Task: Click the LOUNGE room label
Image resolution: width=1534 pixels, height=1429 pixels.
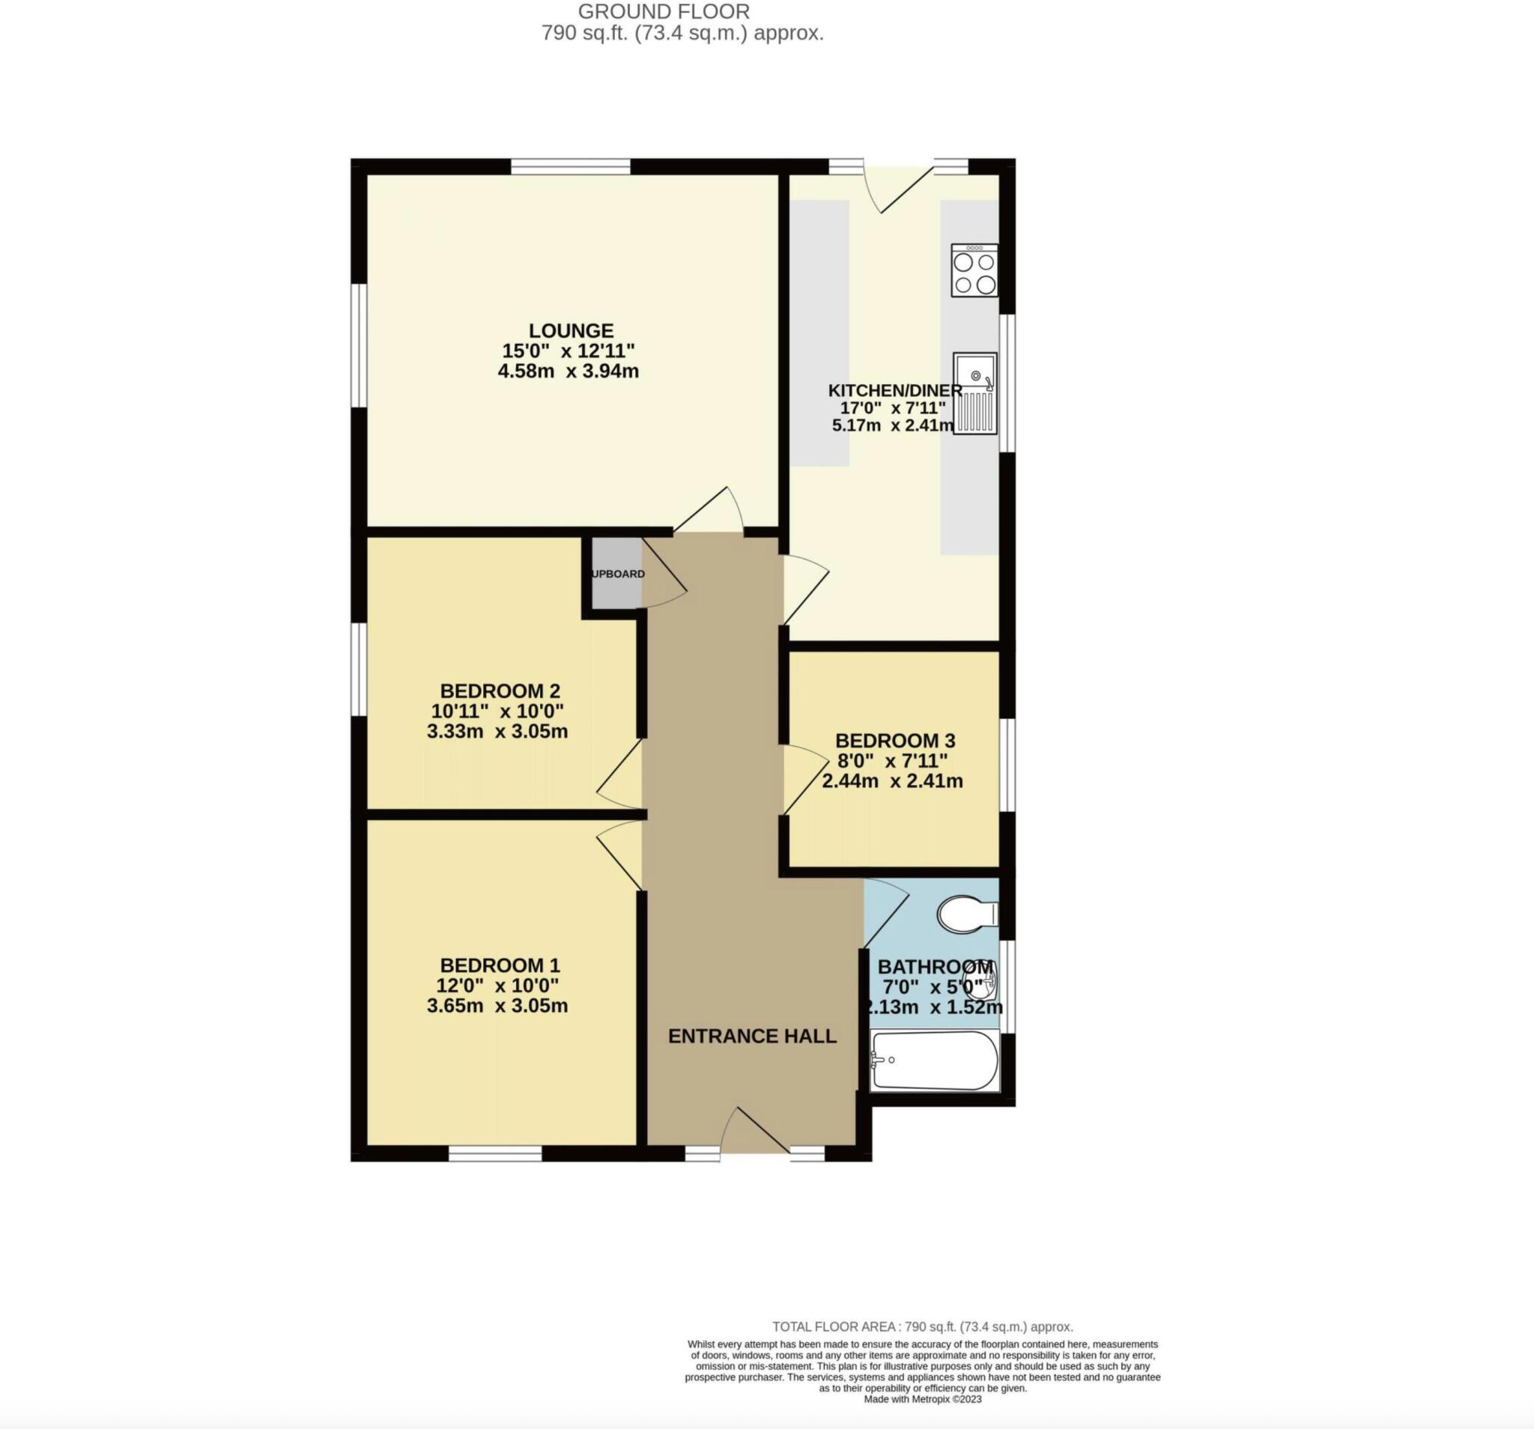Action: click(571, 330)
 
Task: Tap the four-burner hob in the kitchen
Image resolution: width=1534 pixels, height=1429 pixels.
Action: click(974, 271)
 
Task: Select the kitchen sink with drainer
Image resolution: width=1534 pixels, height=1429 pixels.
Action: click(975, 393)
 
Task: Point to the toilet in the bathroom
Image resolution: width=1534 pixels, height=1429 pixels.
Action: click(967, 914)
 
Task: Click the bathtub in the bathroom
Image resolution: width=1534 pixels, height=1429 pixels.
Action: click(935, 1061)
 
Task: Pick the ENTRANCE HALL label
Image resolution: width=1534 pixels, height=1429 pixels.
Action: click(752, 1037)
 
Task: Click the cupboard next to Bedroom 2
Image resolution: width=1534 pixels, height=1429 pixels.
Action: click(616, 573)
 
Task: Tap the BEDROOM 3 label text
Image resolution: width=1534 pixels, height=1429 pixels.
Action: click(895, 741)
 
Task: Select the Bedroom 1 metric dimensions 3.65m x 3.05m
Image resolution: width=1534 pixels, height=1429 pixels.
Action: click(497, 1006)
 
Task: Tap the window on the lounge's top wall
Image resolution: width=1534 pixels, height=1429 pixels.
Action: click(570, 166)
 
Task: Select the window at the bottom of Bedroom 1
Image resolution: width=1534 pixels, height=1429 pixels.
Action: click(494, 1153)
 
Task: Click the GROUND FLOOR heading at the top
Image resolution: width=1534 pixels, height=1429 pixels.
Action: click(664, 11)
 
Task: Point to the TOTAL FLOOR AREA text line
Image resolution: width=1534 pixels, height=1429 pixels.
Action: click(922, 1326)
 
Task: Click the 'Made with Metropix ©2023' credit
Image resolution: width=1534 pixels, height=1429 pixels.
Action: click(922, 1399)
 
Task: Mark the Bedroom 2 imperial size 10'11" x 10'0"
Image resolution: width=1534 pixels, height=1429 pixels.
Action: click(497, 711)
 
